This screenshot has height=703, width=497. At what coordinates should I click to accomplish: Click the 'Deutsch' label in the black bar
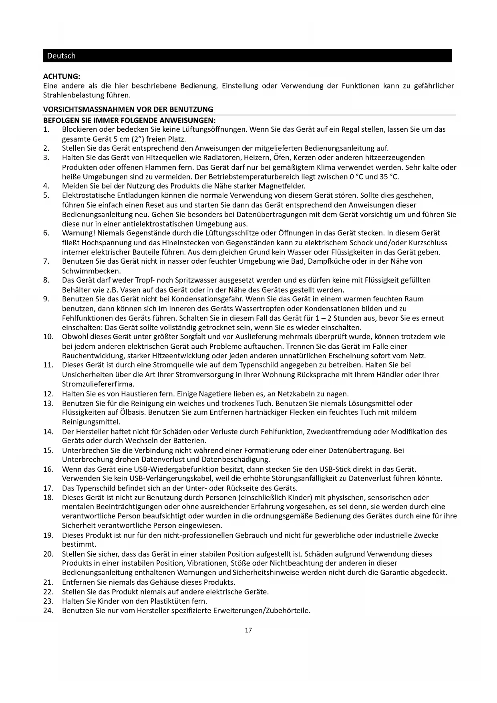61,56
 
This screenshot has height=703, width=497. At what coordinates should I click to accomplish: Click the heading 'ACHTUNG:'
62,76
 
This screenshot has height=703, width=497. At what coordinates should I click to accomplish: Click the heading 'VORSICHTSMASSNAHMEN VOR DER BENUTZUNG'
128,109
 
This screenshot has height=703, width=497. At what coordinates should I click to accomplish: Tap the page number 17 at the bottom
248,630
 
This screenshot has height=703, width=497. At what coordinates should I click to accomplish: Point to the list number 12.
48,394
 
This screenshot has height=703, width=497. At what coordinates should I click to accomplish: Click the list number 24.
48,611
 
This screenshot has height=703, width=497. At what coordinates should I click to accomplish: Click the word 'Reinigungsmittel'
91,422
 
